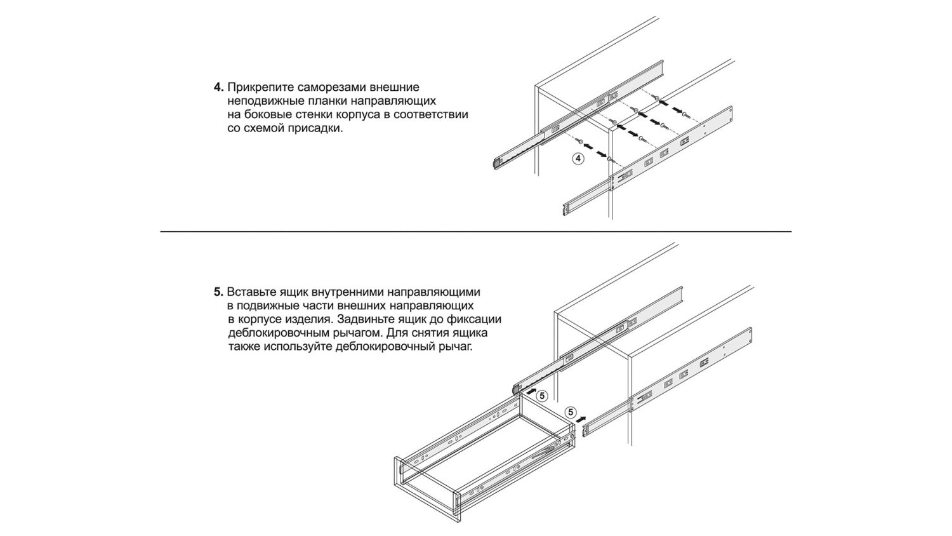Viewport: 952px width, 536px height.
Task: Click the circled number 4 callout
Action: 578,159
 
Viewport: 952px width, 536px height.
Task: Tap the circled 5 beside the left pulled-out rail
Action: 541,395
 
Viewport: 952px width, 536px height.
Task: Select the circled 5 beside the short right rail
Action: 569,412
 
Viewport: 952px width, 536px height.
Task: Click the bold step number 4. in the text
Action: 218,87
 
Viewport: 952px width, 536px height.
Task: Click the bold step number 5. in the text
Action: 218,293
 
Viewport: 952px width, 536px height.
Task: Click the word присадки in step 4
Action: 316,128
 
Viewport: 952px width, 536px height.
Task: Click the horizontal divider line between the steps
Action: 476,232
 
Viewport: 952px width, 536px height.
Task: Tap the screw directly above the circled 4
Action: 580,140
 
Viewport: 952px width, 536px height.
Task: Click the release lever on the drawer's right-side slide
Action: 545,453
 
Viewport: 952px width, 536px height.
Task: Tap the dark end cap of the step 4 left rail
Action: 495,163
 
